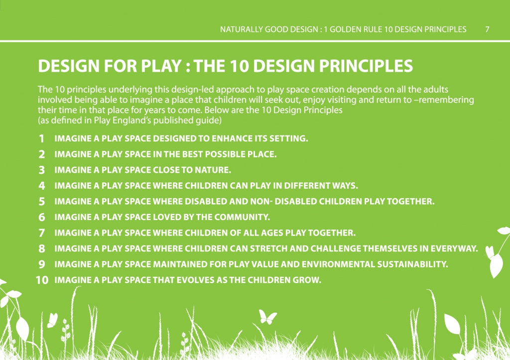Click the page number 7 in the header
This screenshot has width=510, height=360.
[x=487, y=29]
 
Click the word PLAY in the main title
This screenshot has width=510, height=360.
[x=161, y=66]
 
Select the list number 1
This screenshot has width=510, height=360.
[x=42, y=139]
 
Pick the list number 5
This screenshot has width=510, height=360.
[x=42, y=202]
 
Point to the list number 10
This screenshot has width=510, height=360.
[x=42, y=280]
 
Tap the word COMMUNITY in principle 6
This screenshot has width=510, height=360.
[x=242, y=217]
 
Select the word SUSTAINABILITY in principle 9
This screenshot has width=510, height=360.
[x=412, y=264]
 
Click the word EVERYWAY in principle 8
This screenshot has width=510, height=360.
[x=454, y=249]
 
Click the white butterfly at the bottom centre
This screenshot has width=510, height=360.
[x=267, y=317]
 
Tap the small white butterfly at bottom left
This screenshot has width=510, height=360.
[x=52, y=320]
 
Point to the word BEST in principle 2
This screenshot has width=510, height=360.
[x=193, y=154]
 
